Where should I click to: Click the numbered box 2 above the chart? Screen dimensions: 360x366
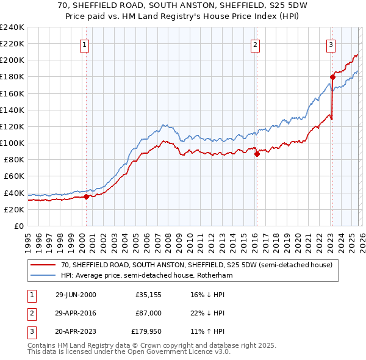coord(254,44)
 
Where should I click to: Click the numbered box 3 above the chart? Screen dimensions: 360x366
coord(330,44)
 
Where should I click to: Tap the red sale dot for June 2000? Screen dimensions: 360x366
coord(86,196)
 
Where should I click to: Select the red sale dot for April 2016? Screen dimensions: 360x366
coord(257,154)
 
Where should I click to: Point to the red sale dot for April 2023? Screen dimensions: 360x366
coord(332,77)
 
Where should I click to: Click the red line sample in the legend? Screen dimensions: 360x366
coord(43,265)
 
